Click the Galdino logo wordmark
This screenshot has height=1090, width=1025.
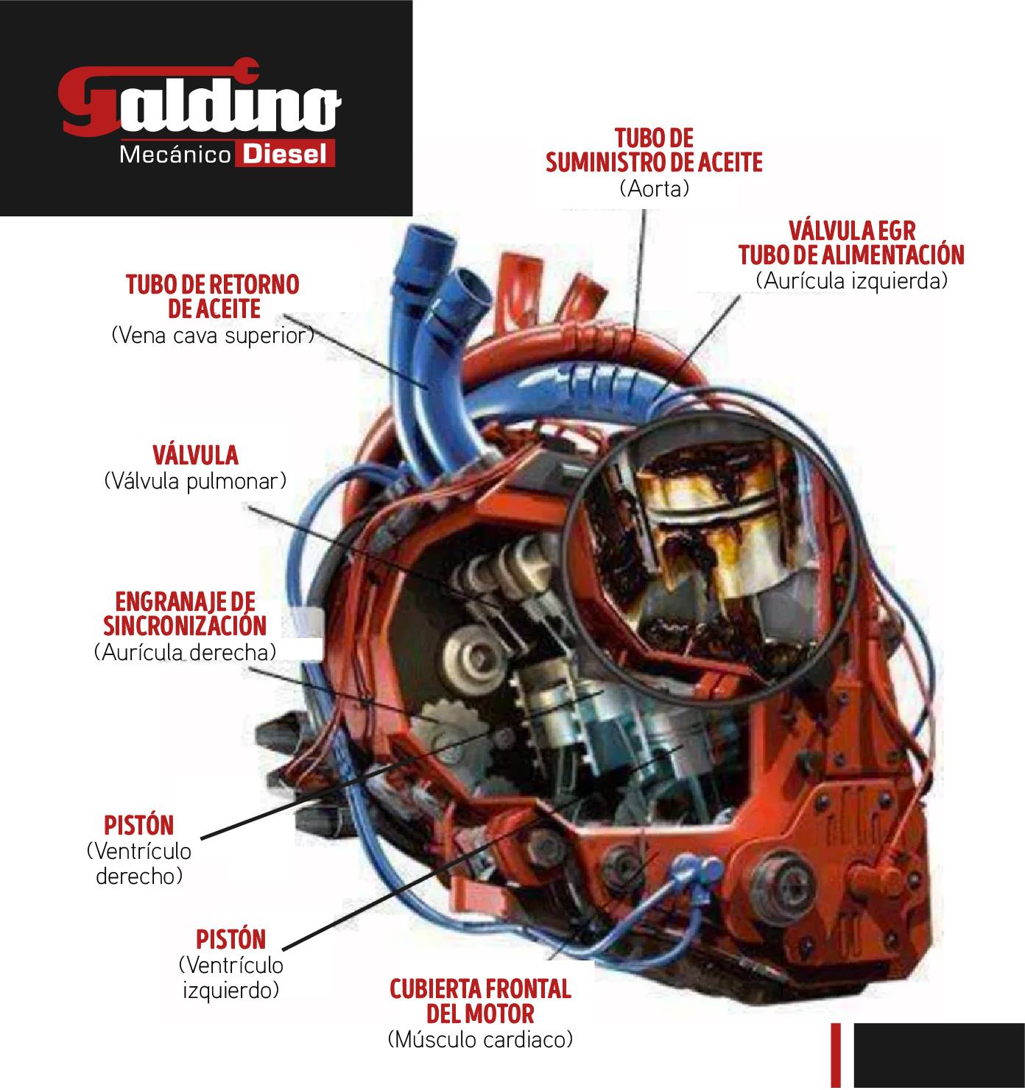199,99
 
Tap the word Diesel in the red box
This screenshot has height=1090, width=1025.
284,155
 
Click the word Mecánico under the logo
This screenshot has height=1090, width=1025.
175,155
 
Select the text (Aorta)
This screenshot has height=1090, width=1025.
654,189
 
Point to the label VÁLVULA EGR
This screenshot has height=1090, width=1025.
852,230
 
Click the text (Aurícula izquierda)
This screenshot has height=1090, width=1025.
851,281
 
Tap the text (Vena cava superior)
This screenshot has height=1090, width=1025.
213,336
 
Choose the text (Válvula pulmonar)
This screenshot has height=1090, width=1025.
195,481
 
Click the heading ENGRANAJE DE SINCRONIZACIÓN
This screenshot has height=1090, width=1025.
185,614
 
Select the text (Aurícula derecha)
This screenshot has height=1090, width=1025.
185,652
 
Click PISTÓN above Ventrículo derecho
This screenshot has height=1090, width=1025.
139,826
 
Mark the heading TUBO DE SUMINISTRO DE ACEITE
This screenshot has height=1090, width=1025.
654,150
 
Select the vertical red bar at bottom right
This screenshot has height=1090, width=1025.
836,1056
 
